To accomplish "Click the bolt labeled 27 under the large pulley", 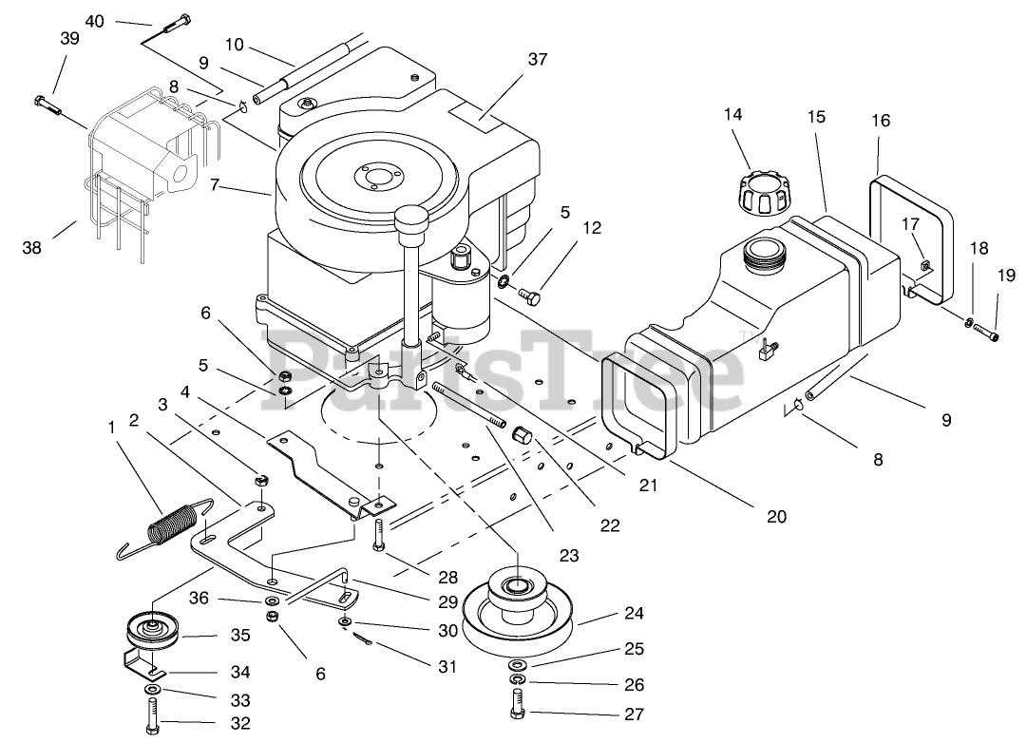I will pos(517,707).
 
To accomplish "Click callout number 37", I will pos(539,60).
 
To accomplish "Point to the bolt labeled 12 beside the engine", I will pos(531,297).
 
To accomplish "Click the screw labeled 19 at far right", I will pos(988,333).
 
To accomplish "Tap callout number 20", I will pos(777,517).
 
